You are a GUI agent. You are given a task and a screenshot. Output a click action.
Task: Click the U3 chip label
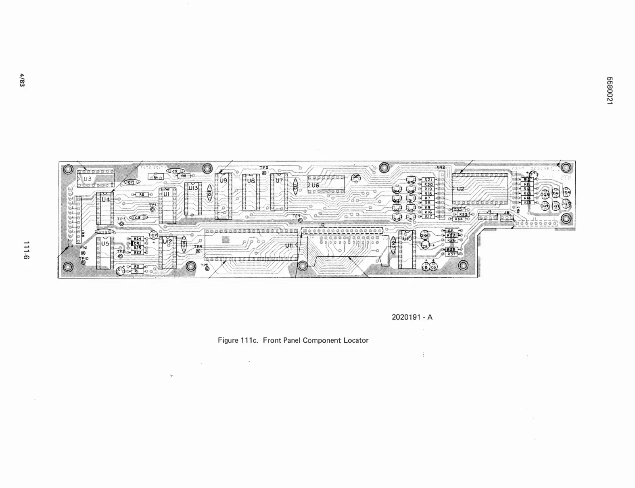(x=87, y=178)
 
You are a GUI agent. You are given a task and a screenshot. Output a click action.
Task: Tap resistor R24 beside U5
(x=137, y=239)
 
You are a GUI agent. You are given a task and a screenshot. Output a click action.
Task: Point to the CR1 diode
(x=137, y=243)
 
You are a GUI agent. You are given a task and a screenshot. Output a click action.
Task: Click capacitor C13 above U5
(x=104, y=232)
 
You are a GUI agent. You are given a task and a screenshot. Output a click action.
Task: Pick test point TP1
(x=152, y=209)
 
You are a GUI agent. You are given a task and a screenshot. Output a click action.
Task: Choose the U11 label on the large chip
(x=289, y=245)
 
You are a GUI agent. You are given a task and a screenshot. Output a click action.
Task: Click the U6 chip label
(x=315, y=185)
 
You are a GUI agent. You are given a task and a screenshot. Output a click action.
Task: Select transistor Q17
(x=356, y=177)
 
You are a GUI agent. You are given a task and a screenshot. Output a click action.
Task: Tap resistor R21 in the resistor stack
(x=428, y=180)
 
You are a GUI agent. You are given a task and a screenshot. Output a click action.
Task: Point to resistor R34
(x=458, y=219)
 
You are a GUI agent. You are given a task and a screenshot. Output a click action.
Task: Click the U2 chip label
(x=460, y=189)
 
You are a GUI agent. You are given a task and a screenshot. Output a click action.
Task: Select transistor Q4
(x=567, y=193)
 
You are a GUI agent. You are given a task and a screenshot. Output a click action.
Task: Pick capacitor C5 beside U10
(x=425, y=246)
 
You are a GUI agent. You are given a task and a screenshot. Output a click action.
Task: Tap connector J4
(x=488, y=217)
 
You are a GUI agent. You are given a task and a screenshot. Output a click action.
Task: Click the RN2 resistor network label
(x=441, y=168)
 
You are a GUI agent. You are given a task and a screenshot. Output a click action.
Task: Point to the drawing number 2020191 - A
(x=412, y=317)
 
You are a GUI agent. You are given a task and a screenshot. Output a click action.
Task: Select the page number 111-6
(x=26, y=250)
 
